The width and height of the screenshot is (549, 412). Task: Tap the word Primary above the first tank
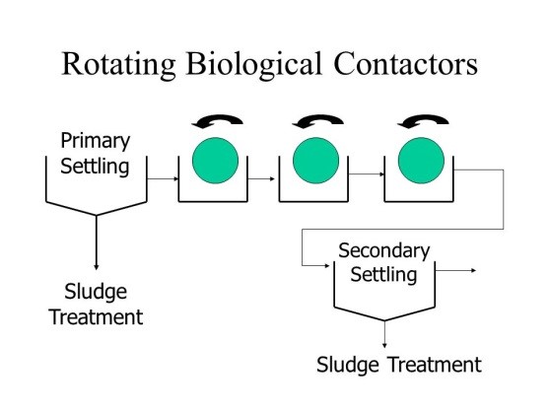(x=96, y=141)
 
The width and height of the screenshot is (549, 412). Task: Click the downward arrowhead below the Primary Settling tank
(x=96, y=263)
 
